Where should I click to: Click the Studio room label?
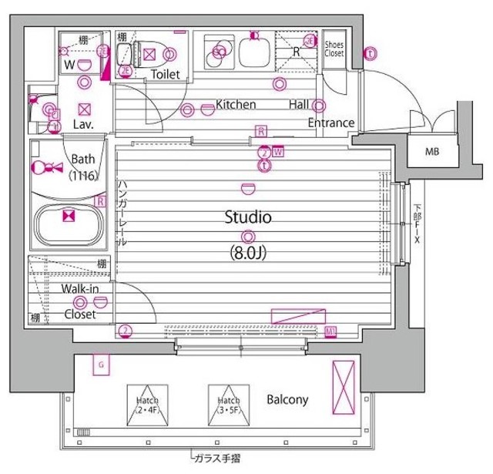[x=247, y=218]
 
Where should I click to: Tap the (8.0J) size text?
[x=247, y=251]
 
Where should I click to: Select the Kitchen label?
[x=235, y=104]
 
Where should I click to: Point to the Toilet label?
[x=166, y=75]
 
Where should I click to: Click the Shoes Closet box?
[x=334, y=49]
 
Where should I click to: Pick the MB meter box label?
[x=434, y=151]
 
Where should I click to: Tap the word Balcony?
[x=287, y=400]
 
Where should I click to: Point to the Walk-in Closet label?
[x=79, y=302]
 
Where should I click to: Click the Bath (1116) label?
[x=83, y=167]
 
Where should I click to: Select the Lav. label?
[x=82, y=123]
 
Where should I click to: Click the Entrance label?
[x=330, y=123]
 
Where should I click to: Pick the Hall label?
[x=300, y=104]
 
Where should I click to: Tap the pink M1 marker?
[x=330, y=331]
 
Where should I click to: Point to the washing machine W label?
[x=69, y=66]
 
